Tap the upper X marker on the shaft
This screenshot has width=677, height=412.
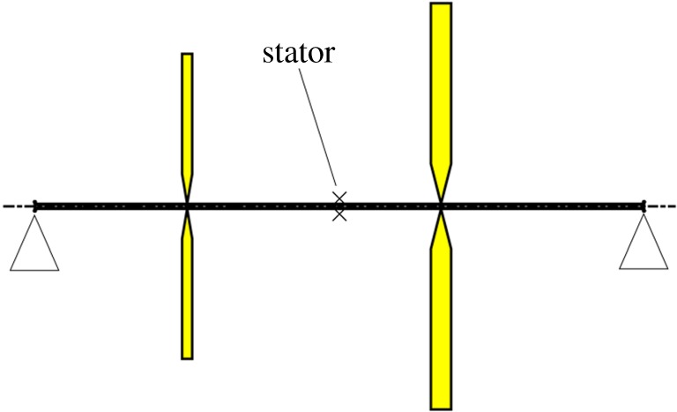point(338,198)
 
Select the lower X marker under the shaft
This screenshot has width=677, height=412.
point(338,214)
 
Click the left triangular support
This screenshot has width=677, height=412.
point(34,244)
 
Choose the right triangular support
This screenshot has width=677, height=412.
point(644,244)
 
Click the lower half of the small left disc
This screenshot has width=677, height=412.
point(187,300)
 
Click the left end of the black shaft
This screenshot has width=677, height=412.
point(36,206)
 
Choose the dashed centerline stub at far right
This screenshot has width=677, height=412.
point(662,206)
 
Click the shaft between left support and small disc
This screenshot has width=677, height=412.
point(110,206)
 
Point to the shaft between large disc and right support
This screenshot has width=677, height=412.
point(542,206)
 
